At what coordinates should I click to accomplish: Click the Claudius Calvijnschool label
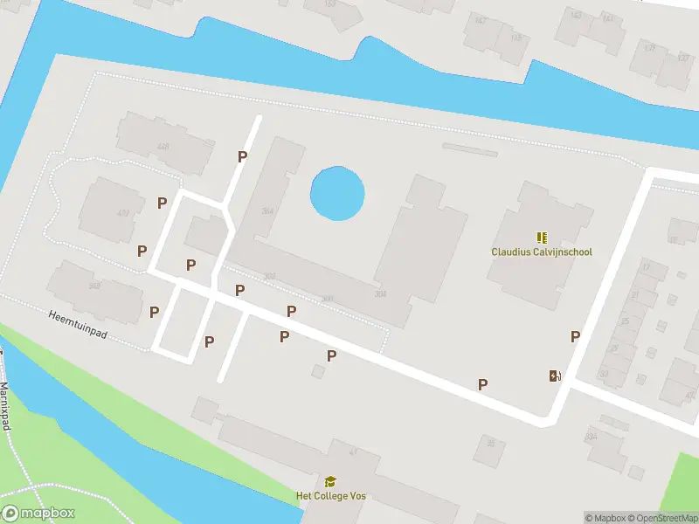click(x=542, y=252)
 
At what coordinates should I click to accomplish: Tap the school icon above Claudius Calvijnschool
click(x=542, y=237)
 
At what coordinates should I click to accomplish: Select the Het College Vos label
click(x=330, y=496)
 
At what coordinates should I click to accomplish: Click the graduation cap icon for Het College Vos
click(x=330, y=481)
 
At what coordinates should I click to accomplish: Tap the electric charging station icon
click(x=554, y=376)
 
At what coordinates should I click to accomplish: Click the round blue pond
click(x=337, y=193)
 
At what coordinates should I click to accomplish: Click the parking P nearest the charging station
click(x=575, y=337)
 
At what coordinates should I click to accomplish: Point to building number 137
click(x=683, y=59)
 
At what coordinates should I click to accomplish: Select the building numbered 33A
click(x=592, y=435)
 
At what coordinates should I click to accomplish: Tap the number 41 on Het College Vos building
click(x=354, y=452)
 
